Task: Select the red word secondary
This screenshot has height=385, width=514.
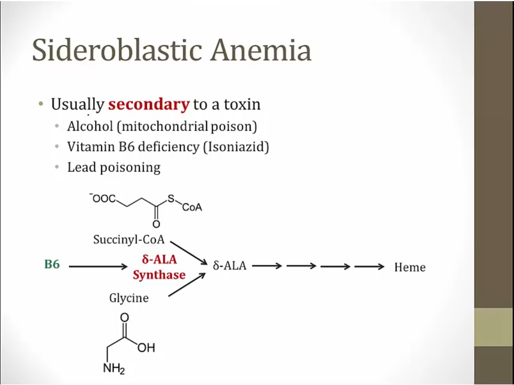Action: coord(148,104)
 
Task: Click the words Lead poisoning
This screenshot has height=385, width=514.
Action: coord(114,167)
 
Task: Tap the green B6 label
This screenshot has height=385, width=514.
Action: coord(52,265)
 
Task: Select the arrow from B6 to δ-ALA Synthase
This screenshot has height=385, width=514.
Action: coord(98,266)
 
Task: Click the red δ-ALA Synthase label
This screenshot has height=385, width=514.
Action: coord(159,267)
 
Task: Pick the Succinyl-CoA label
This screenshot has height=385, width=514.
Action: coord(128,240)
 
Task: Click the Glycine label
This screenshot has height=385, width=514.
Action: coord(128,298)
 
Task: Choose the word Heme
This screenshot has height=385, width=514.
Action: coord(409,267)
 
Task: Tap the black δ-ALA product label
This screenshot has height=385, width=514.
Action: coord(230,266)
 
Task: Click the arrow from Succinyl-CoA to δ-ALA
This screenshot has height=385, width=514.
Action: coord(188,252)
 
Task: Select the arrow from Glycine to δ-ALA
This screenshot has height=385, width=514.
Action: coord(187,285)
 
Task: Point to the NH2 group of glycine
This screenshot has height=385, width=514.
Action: coord(114,368)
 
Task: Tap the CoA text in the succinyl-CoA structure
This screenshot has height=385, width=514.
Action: coord(192,208)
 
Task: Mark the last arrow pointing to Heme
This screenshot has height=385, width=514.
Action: coord(369,266)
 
